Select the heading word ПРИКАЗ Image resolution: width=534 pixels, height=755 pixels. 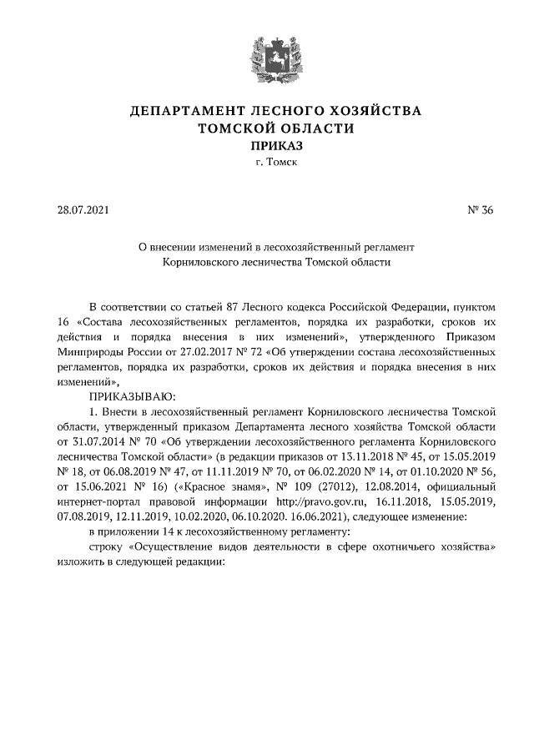click(267, 145)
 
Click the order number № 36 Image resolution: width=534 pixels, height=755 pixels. click(481, 210)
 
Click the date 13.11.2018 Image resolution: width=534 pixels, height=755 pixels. click(368, 456)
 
